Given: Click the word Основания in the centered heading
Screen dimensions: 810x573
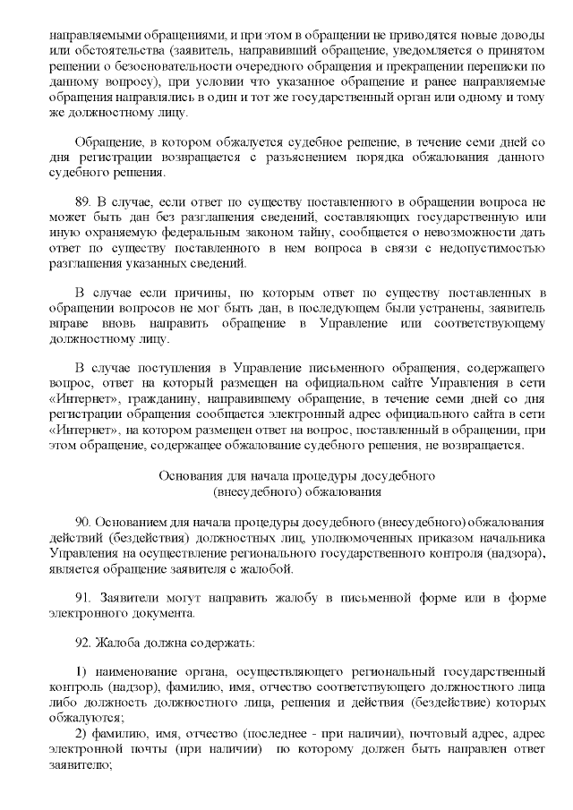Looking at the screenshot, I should point(187,475).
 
